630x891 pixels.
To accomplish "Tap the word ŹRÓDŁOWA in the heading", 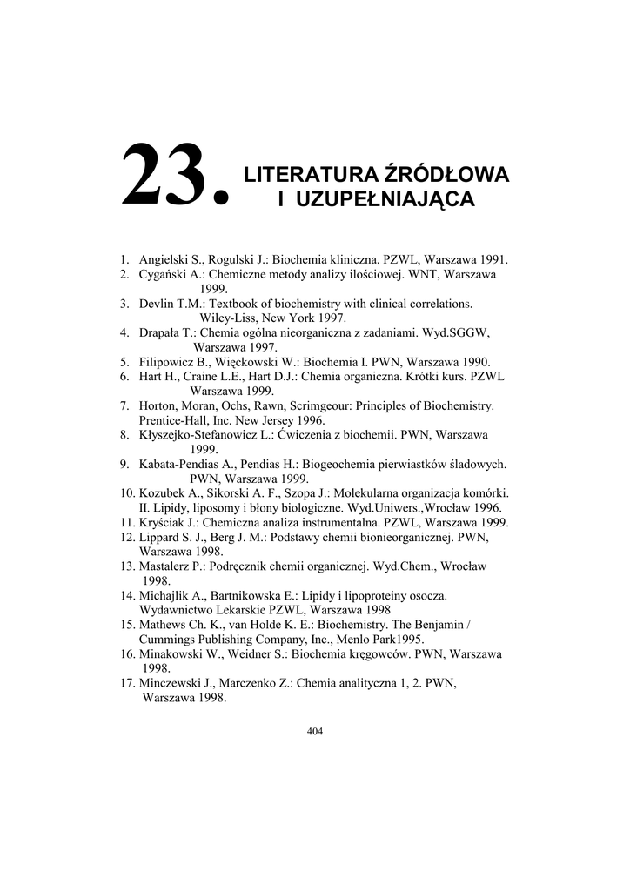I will pos(445,174).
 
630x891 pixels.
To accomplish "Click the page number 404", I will pos(315,731).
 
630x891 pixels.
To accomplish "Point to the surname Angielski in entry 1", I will pos(164,259).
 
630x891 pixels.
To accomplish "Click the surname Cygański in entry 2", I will pos(163,274).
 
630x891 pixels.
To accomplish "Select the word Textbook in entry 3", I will pos(238,304).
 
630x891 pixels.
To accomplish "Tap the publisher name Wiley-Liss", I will pos(227,318).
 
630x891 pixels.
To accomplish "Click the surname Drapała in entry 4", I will pos(160,332).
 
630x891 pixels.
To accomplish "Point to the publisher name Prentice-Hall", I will pos(174,419).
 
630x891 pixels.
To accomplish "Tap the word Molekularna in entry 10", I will pos(341,492).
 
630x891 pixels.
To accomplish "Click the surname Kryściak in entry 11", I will pos(163,522).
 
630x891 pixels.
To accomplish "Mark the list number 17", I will pos(128,683).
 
